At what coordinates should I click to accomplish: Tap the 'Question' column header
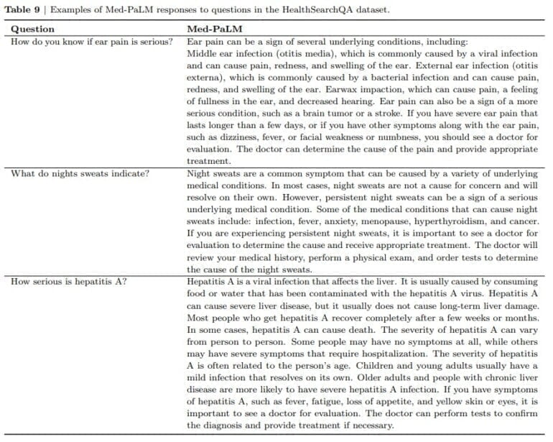coord(32,29)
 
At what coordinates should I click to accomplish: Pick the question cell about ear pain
coord(91,41)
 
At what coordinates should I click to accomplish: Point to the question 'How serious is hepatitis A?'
coord(69,281)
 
